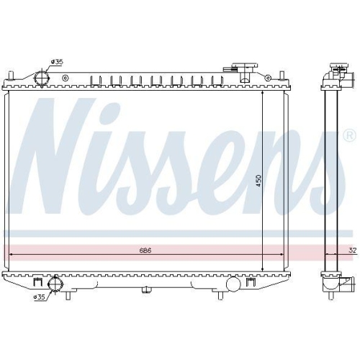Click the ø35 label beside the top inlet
click(58, 63)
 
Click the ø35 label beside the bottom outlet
click(40, 296)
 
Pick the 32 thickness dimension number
click(351, 251)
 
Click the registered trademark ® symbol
click(349, 135)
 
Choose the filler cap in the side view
click(337, 72)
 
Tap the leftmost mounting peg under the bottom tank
click(68, 295)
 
